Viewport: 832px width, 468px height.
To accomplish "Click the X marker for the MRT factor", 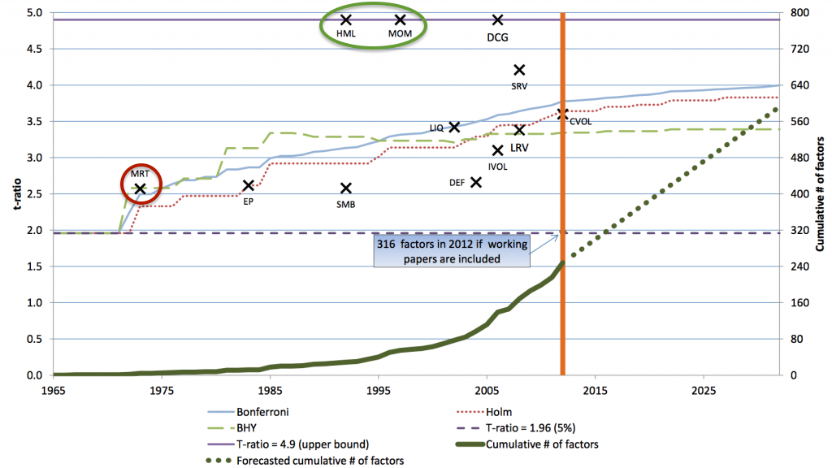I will pos(141,188).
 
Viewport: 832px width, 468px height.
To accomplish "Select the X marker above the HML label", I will pos(345,19).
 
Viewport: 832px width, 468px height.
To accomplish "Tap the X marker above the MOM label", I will pos(400,19).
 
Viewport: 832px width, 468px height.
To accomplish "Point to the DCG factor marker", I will pos(498,19).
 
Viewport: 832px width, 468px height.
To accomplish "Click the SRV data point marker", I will pos(520,70).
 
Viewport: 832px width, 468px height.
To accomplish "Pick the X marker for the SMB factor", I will pos(345,188).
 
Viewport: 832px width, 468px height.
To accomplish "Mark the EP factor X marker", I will pos(249,186).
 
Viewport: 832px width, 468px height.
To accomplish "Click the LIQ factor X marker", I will pos(454,127).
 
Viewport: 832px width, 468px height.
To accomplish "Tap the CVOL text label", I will pos(580,122).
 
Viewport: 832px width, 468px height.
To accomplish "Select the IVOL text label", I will pos(498,166).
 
